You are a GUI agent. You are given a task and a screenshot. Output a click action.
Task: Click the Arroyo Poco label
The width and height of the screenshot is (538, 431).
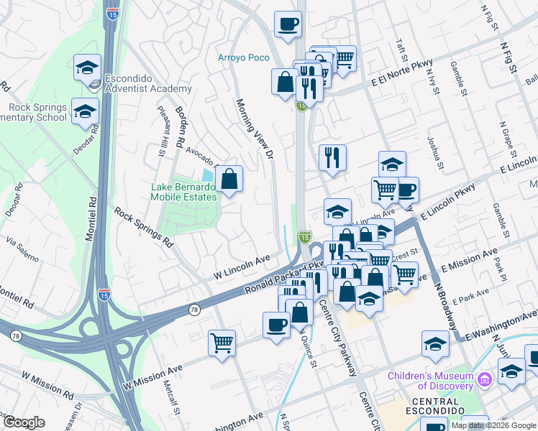tap(243, 58)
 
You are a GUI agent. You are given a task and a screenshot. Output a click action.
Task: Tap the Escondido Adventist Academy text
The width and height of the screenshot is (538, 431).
tap(148, 83)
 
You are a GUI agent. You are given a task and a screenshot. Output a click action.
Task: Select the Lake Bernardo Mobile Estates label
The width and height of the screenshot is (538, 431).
tap(183, 192)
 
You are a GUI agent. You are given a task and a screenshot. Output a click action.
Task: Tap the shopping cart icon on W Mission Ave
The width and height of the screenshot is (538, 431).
tap(222, 343)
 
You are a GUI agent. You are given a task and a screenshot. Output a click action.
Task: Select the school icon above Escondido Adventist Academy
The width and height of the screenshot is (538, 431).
tap(87, 68)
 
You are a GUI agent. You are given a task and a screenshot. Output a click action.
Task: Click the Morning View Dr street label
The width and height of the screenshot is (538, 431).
tap(256, 129)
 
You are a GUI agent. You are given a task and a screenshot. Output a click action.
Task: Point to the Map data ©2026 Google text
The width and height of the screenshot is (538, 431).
tap(493, 425)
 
